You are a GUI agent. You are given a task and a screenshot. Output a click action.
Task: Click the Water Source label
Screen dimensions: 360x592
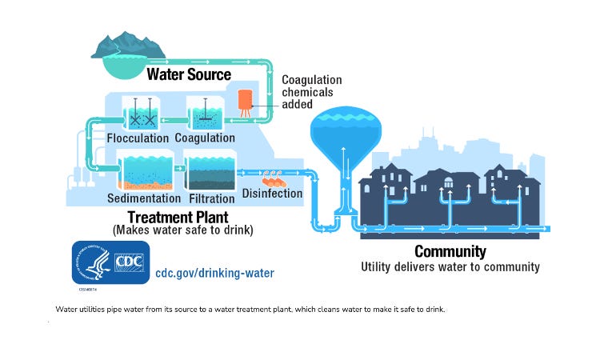point(189,74)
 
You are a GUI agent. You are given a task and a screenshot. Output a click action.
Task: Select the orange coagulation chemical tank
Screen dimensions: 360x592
point(245,102)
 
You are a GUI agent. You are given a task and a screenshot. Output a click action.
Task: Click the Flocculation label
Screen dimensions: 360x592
point(138,138)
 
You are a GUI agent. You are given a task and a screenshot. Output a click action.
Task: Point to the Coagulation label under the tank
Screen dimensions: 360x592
point(205,138)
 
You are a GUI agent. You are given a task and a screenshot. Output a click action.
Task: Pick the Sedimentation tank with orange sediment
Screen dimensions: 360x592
point(143,171)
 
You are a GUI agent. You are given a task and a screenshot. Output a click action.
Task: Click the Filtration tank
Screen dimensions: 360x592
point(211,172)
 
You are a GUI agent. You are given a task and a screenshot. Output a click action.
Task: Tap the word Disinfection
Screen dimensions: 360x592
point(272,193)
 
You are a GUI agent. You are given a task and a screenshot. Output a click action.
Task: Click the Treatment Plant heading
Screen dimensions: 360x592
point(178,216)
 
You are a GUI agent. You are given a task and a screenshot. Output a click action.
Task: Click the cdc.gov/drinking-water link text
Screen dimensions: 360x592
point(214,273)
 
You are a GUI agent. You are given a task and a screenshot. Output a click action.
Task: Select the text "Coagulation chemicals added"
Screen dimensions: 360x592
point(311,91)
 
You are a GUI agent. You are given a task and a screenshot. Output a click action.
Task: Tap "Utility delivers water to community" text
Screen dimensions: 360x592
point(450,266)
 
